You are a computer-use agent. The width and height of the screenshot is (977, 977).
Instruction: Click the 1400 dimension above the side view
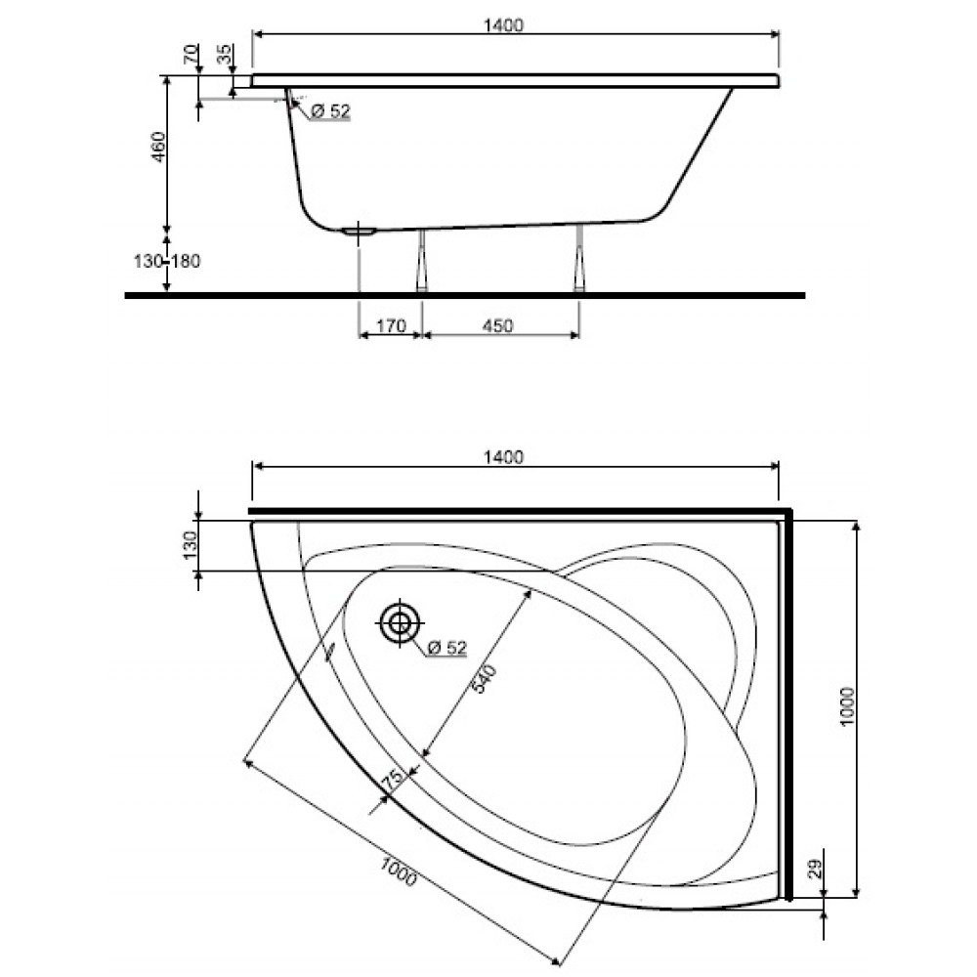click(x=503, y=25)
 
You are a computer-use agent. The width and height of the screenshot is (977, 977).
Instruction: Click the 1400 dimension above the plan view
click(x=503, y=457)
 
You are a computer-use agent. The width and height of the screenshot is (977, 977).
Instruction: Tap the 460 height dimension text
click(x=159, y=147)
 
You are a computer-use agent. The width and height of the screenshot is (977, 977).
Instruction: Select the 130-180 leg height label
click(x=167, y=261)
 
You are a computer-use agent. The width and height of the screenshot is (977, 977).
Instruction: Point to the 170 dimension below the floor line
click(x=392, y=326)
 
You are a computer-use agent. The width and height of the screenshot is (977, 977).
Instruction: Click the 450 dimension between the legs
click(x=498, y=326)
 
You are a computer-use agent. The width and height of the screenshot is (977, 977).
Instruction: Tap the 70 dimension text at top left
click(x=191, y=54)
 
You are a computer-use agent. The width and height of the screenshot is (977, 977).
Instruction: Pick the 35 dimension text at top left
click(x=225, y=54)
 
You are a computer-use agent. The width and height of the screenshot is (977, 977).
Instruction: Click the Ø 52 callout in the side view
click(x=330, y=111)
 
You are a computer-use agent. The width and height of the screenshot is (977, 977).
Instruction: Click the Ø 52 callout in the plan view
click(x=446, y=648)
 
